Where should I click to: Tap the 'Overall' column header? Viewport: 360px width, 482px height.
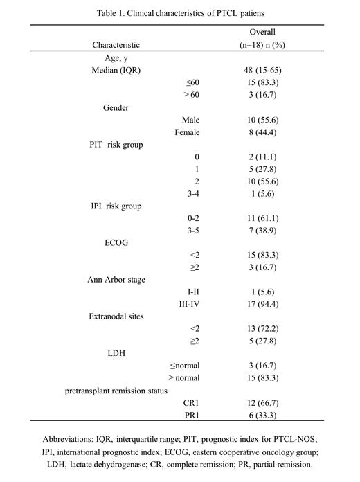[255, 32]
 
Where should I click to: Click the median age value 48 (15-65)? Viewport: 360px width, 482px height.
[256, 70]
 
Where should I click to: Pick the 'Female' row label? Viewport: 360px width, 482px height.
[188, 132]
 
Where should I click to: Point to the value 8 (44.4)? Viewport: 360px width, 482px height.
[256, 132]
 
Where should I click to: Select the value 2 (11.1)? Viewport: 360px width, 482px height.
[256, 157]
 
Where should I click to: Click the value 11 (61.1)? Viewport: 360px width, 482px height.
[256, 220]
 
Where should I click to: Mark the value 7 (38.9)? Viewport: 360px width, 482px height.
[256, 232]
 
